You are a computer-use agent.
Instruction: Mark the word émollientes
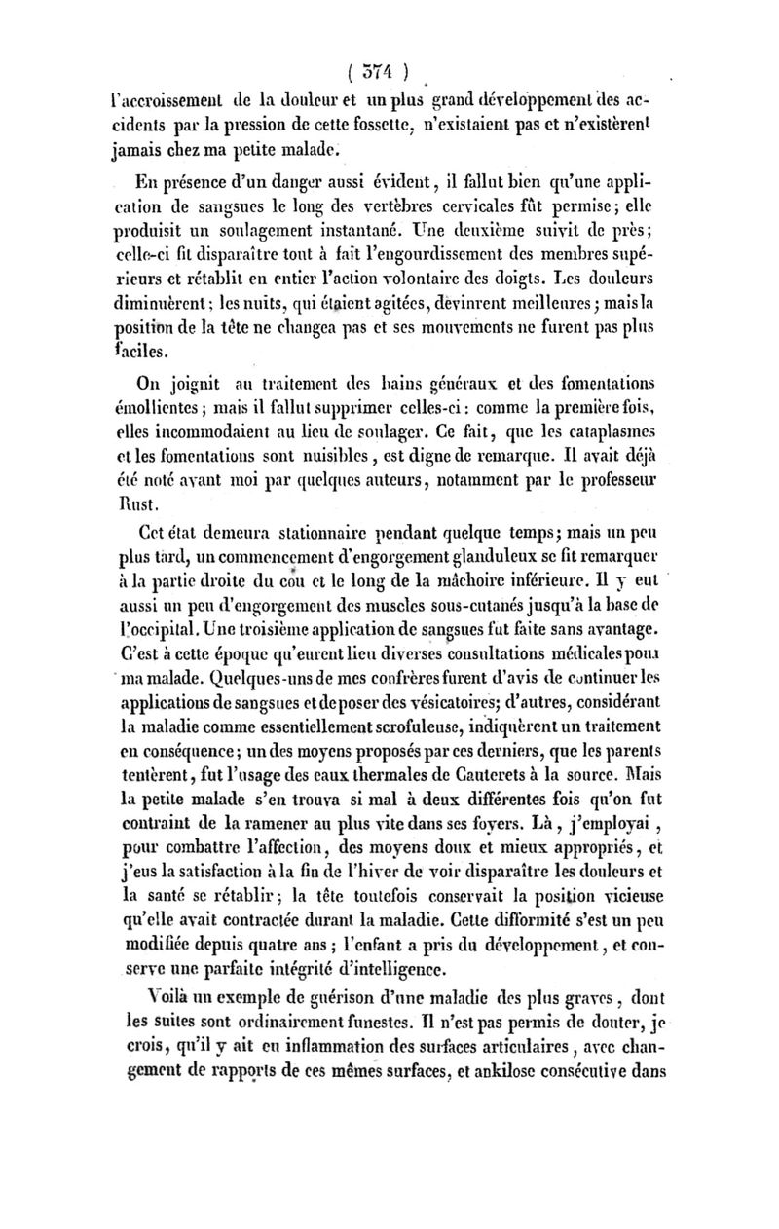point(156,405)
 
